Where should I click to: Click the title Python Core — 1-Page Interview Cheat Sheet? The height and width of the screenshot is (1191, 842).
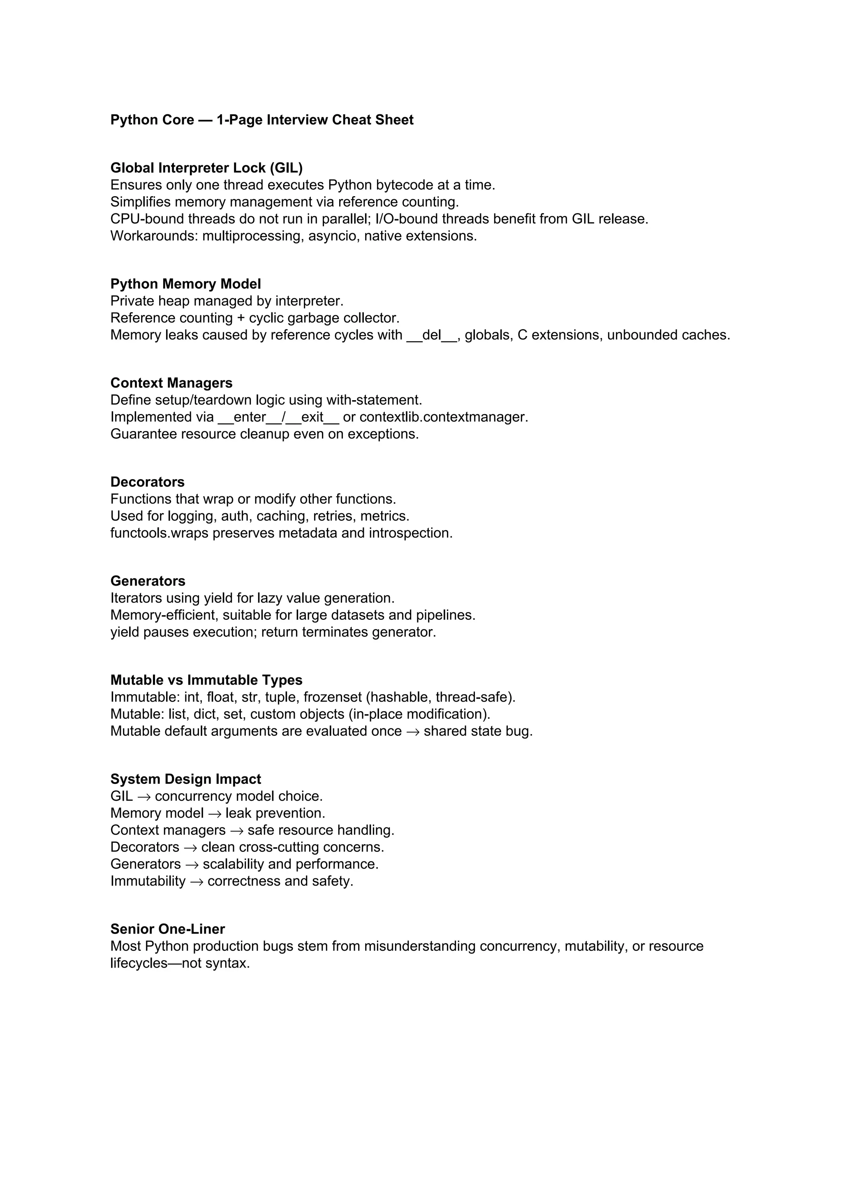click(262, 120)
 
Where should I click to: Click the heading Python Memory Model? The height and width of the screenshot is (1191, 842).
click(185, 284)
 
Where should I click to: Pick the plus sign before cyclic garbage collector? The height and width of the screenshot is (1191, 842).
click(241, 318)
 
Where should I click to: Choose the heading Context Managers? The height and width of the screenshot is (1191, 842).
click(171, 383)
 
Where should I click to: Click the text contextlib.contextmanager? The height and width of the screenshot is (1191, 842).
click(443, 417)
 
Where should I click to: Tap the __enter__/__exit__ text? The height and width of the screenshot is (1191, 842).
click(278, 417)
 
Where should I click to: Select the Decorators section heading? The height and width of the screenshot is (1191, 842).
click(147, 482)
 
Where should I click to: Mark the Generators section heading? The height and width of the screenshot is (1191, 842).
click(148, 581)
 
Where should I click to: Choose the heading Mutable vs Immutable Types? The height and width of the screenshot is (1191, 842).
click(206, 680)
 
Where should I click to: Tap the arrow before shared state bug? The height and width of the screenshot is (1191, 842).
click(413, 731)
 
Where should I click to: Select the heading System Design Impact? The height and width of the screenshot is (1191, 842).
click(185, 779)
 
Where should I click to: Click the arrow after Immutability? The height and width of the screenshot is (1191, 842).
click(197, 881)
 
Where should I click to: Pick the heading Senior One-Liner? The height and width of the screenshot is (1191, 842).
click(167, 929)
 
